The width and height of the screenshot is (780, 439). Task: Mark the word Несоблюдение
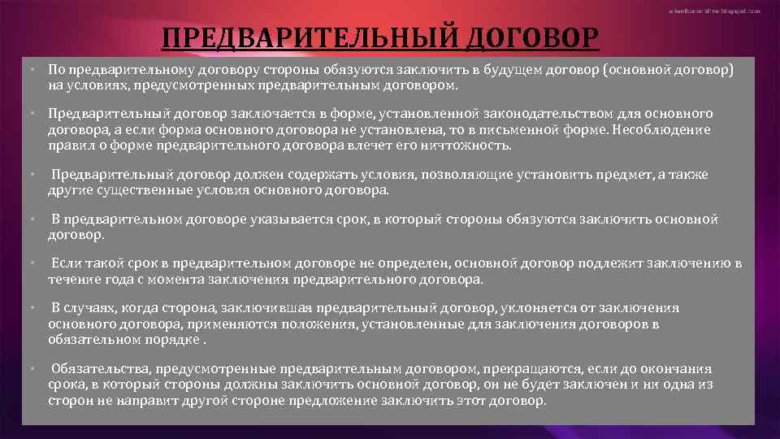[x=661, y=129]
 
